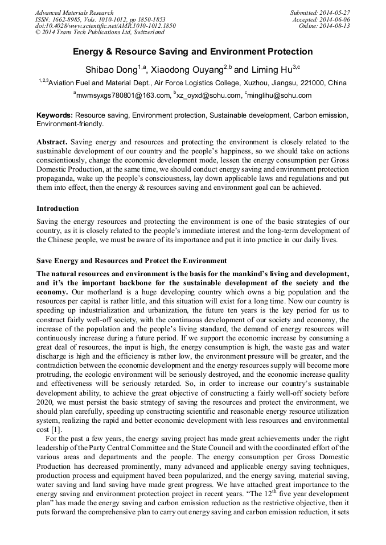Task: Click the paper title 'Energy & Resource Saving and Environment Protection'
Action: (192, 52)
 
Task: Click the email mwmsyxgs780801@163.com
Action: (124, 95)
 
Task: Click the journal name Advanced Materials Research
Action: (75, 13)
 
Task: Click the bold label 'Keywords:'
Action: (55, 115)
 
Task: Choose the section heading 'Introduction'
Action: (58, 209)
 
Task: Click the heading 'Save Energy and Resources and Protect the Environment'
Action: (132, 261)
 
